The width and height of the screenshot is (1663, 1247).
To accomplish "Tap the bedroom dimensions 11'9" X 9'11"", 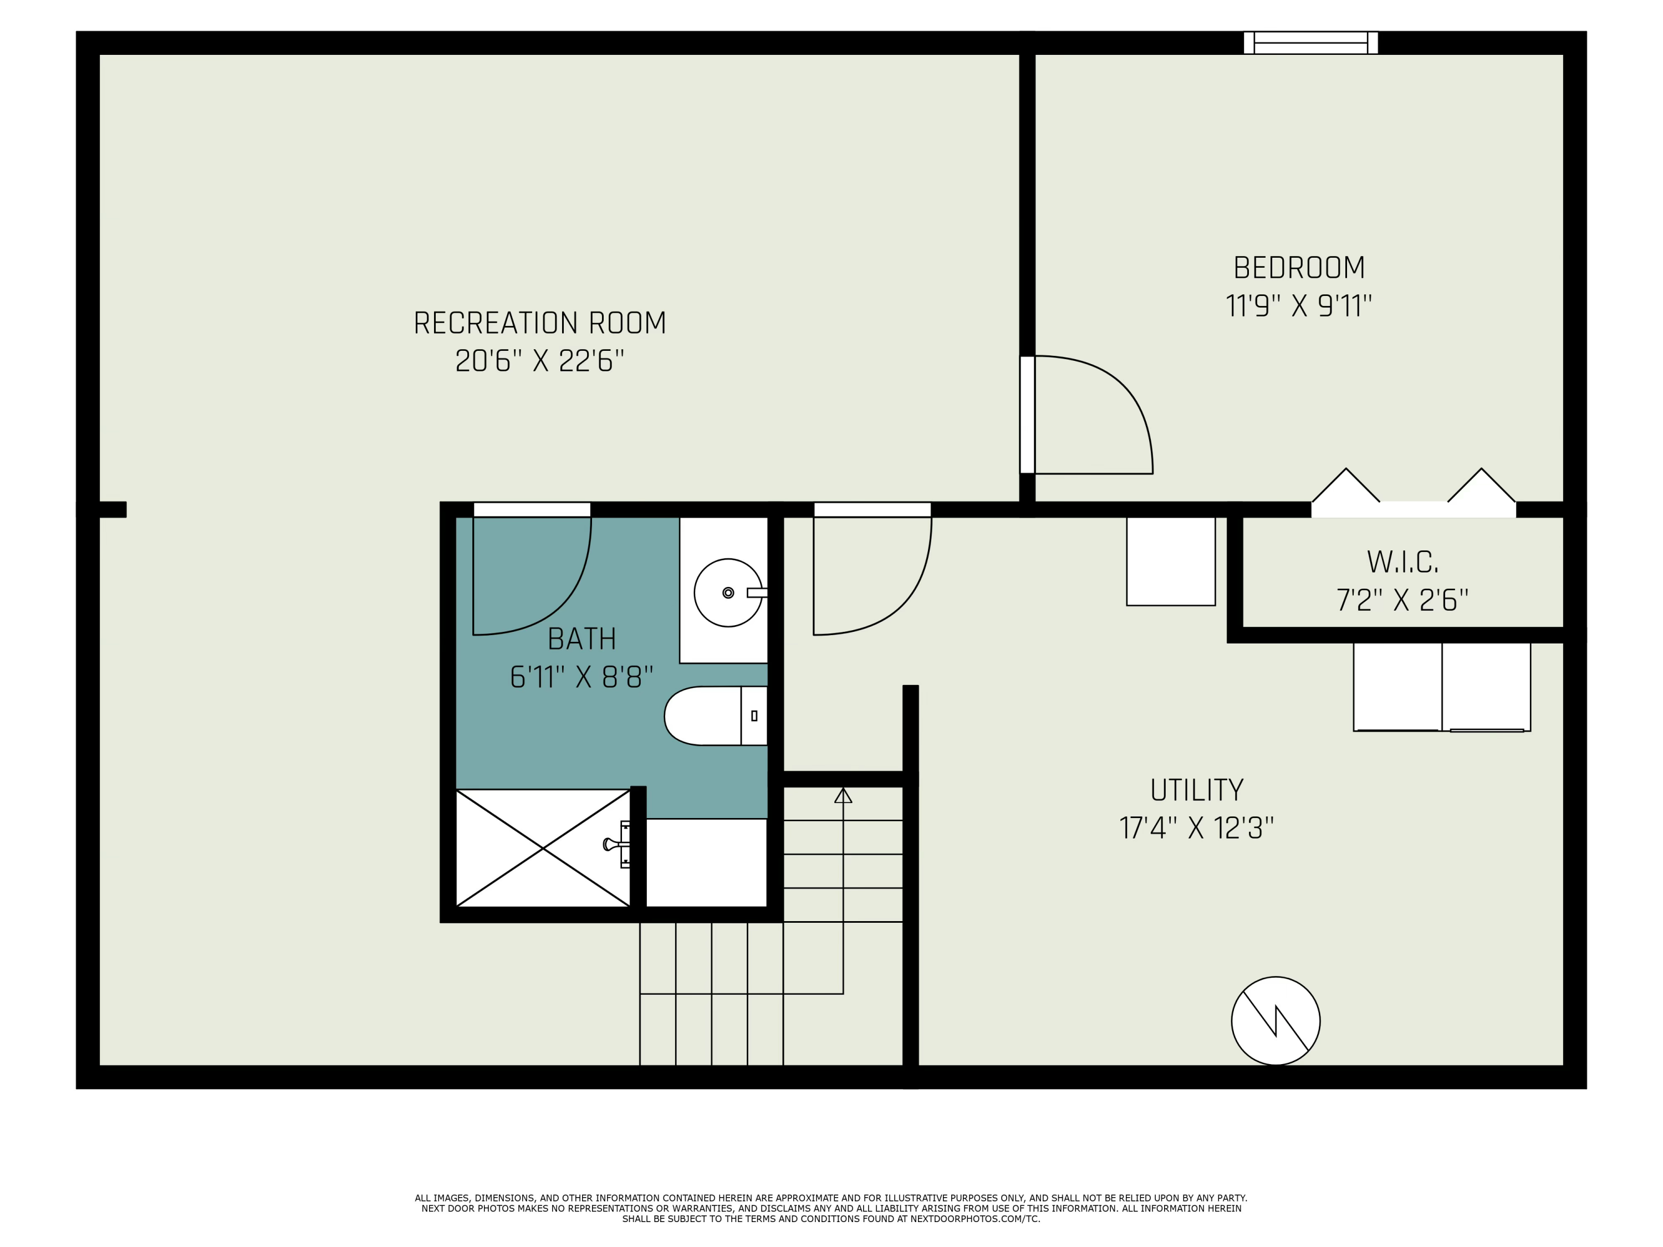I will [x=1298, y=306].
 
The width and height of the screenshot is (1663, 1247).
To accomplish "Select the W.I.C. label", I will [x=1402, y=562].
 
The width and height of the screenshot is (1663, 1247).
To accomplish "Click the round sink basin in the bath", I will [x=728, y=593].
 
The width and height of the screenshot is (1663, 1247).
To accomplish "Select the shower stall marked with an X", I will [x=543, y=849].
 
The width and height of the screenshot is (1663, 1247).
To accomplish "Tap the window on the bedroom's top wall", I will [x=1310, y=43].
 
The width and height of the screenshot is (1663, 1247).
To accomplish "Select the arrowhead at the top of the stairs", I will [x=843, y=795].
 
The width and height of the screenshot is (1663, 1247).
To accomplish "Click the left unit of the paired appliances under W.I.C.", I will [x=1397, y=686].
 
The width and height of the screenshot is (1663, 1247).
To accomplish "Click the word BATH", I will [x=581, y=640].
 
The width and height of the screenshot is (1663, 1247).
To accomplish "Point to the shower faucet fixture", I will [x=617, y=845].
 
